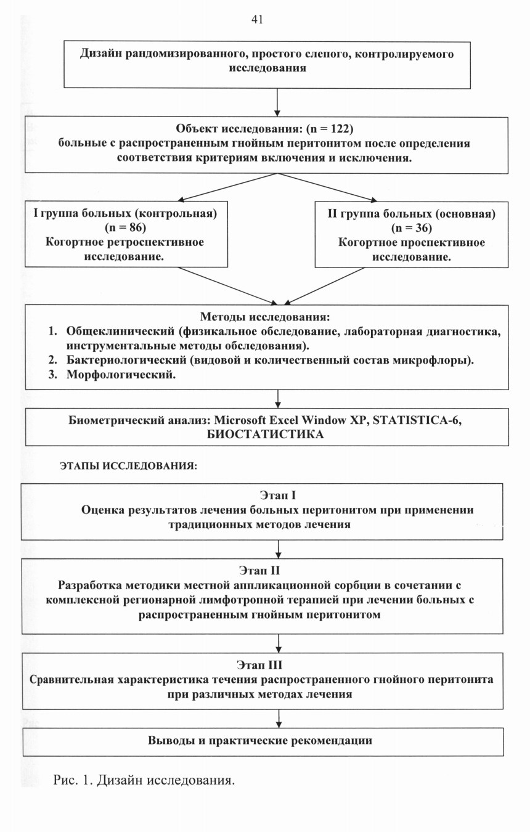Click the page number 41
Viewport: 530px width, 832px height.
[257, 19]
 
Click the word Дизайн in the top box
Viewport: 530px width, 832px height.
[100, 54]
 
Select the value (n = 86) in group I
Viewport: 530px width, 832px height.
[126, 227]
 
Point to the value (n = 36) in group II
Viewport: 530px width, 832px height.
[412, 227]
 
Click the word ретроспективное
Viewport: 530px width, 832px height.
[156, 242]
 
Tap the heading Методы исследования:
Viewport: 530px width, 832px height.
[265, 317]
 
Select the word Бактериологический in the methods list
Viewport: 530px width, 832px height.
[127, 360]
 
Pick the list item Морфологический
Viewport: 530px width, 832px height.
[121, 375]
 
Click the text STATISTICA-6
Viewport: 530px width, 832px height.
[417, 420]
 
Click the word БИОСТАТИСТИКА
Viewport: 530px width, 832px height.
[265, 434]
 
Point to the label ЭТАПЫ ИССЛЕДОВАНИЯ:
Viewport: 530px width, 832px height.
[129, 466]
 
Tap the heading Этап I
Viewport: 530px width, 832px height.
[278, 496]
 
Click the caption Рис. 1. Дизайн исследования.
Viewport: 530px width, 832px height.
[144, 780]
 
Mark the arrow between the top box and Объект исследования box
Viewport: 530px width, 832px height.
[277, 102]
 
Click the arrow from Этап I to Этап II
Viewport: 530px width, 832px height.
[278, 549]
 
